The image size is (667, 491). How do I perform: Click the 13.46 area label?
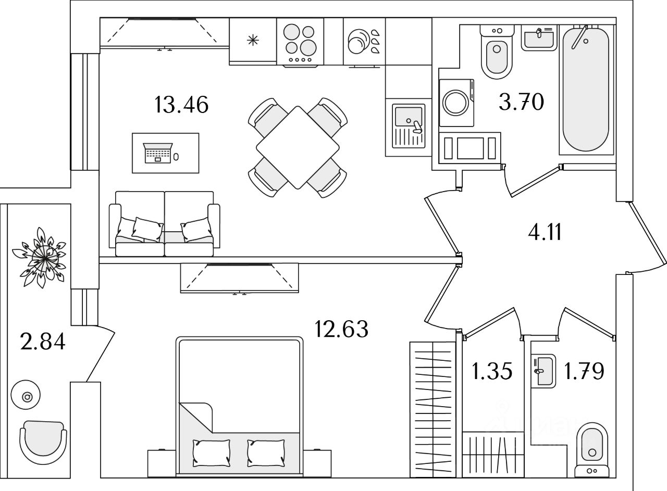[x=181, y=105]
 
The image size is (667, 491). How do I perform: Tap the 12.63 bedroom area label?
[x=341, y=329]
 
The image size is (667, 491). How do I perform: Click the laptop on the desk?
[x=158, y=153]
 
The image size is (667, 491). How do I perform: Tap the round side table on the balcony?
[x=27, y=397]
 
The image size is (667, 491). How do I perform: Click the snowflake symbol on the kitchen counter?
[x=253, y=40]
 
